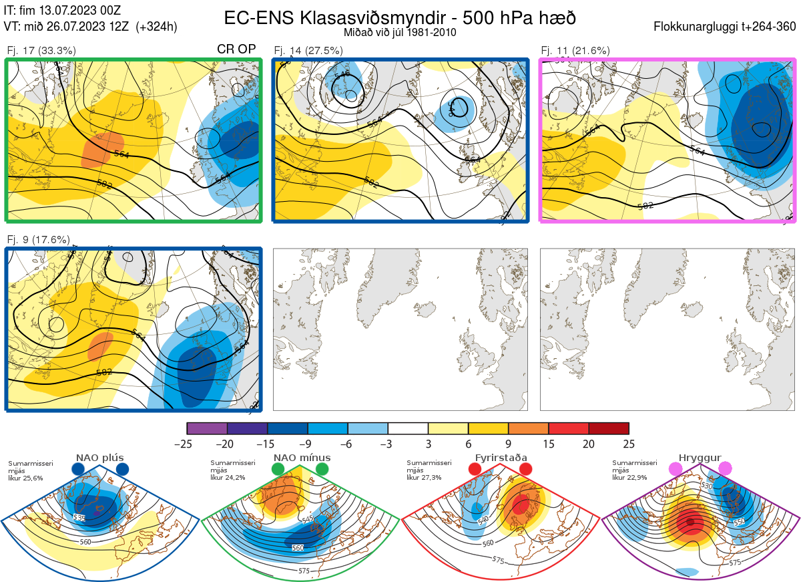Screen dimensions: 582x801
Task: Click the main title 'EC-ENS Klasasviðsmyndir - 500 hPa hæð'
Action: (x=400, y=17)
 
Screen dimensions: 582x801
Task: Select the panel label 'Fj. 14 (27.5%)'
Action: (x=308, y=50)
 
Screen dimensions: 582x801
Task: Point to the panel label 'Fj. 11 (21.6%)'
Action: (x=575, y=50)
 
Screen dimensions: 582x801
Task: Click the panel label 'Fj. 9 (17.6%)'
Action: (x=39, y=239)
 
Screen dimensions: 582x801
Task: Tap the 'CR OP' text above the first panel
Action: (x=237, y=49)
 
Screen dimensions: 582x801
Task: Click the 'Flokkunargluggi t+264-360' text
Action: (x=726, y=27)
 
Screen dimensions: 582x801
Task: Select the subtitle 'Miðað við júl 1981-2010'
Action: (x=400, y=32)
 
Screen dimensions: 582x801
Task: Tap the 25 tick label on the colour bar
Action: (x=628, y=444)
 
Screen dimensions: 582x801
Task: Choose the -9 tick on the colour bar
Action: (x=308, y=444)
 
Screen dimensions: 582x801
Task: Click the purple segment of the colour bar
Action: (x=207, y=428)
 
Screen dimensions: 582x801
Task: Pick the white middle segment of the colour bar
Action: (x=408, y=428)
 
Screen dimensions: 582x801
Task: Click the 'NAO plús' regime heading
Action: (x=99, y=458)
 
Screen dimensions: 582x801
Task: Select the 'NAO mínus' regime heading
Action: (x=301, y=458)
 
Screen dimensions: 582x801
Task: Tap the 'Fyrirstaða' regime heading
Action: (x=501, y=458)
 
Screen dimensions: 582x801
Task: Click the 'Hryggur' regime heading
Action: (x=700, y=458)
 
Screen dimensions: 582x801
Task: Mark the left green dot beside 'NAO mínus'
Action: (x=278, y=469)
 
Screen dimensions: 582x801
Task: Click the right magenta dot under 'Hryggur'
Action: (x=725, y=469)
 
